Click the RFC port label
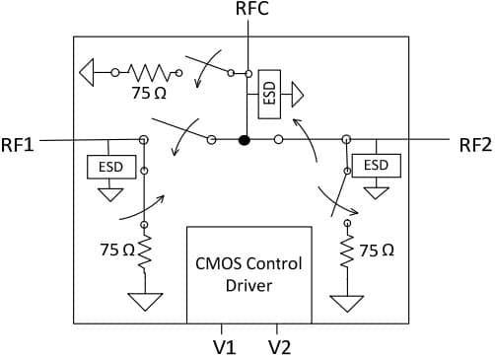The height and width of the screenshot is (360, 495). coord(252,9)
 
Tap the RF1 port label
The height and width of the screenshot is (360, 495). coord(18,145)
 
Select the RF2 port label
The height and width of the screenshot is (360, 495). coord(475,145)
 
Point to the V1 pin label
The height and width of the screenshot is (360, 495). coord(225,347)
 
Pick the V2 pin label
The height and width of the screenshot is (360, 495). coord(280,347)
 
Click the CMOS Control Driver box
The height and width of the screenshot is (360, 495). coord(249,275)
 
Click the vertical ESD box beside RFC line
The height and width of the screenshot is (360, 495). coord(269,95)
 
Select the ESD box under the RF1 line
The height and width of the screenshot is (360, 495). coord(111,167)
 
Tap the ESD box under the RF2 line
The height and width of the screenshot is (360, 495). coord(377,166)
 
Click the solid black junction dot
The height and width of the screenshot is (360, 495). coord(245,140)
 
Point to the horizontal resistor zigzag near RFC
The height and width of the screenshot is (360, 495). coord(149,73)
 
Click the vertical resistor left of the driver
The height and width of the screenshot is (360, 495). coord(145,252)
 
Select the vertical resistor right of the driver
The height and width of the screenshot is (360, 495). coord(347,251)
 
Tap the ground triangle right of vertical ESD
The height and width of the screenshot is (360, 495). coord(298,95)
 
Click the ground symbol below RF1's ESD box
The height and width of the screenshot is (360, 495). coord(110,194)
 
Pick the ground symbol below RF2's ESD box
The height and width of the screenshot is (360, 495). coord(376,193)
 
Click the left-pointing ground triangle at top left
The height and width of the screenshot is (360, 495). coord(87,72)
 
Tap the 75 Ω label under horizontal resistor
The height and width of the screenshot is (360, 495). coord(149,93)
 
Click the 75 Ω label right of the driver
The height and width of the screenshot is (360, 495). coord(377,251)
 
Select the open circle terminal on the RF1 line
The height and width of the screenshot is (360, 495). coord(143,140)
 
